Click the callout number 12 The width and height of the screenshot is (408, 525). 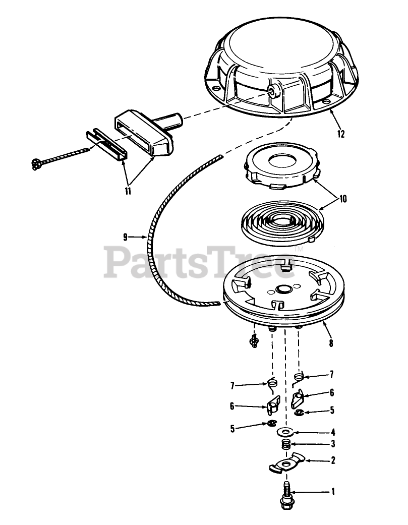click(x=341, y=134)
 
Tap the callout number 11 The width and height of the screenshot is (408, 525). click(x=128, y=191)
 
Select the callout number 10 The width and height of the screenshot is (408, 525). click(x=343, y=199)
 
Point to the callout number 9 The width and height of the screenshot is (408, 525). click(x=125, y=238)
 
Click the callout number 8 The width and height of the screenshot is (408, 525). click(x=331, y=343)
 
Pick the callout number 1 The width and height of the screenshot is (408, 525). click(x=333, y=492)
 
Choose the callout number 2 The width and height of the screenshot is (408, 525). click(x=333, y=460)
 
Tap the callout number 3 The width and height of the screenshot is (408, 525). click(x=333, y=444)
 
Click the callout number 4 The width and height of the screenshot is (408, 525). click(x=333, y=432)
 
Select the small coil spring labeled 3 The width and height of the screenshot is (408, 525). click(x=285, y=445)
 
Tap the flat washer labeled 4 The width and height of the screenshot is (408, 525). click(x=285, y=432)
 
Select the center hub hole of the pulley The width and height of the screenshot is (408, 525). click(x=283, y=288)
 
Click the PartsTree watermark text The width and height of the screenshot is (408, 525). click(x=201, y=262)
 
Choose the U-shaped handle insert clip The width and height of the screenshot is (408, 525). click(x=106, y=144)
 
